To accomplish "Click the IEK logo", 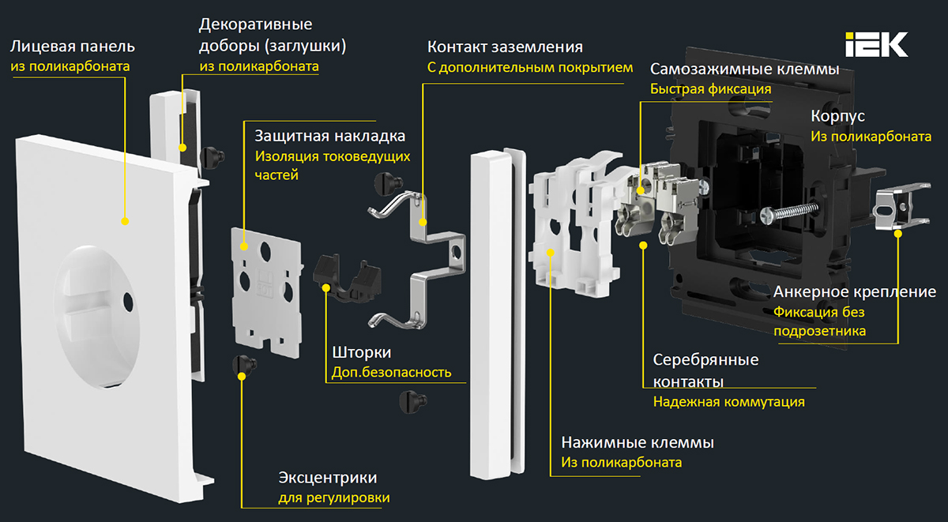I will (x=877, y=44).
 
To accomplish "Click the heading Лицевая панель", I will (x=73, y=46).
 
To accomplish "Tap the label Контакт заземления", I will (x=506, y=47).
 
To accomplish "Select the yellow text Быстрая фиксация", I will (x=710, y=89).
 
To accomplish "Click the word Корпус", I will (x=837, y=116).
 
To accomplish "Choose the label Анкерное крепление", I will (x=855, y=292).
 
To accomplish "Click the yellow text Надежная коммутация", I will (x=728, y=401).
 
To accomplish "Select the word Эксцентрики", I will (x=327, y=478).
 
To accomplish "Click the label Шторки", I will (x=360, y=352).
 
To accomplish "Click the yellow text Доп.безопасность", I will (x=389, y=372).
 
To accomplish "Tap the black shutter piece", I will (x=348, y=277).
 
